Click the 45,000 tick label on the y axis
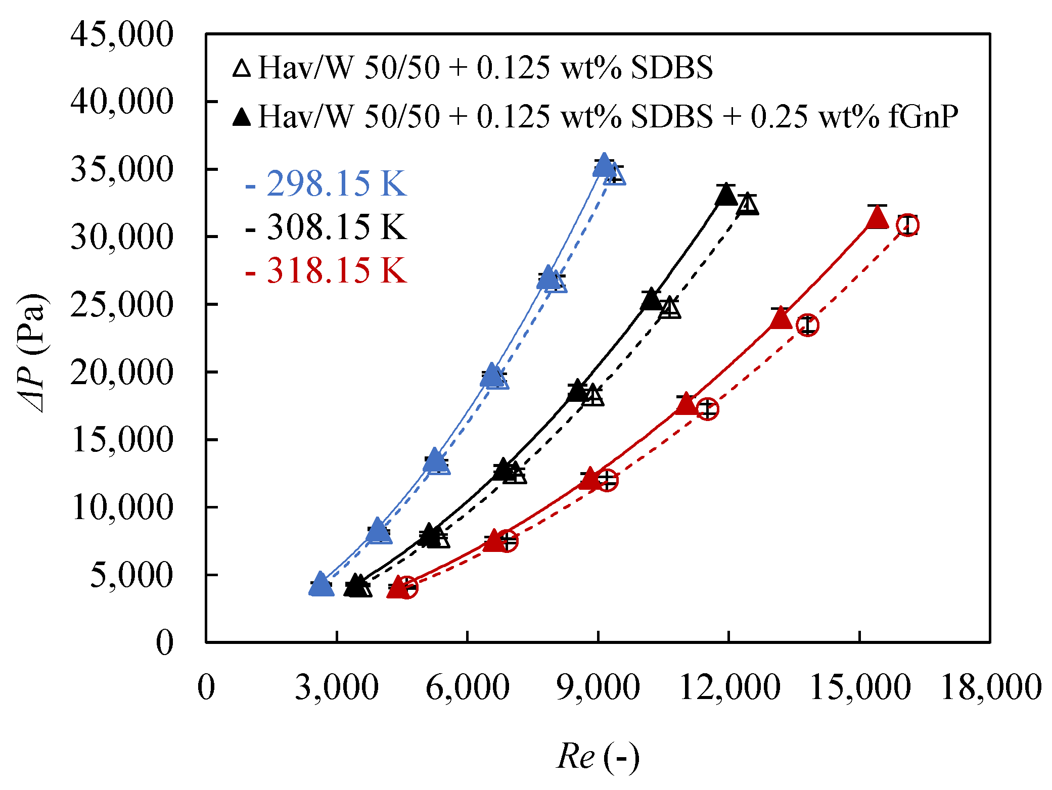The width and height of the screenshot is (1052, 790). tap(122, 34)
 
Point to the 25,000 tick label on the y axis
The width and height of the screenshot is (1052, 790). tap(122, 305)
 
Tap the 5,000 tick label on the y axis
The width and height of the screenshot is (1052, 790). tap(131, 575)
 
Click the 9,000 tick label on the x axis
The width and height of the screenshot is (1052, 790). tap(598, 687)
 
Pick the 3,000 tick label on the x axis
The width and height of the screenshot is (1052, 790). tap(337, 687)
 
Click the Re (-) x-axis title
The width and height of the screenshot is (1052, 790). tap(598, 757)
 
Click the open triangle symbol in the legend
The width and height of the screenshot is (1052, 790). tap(242, 68)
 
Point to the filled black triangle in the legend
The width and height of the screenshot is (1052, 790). tap(242, 117)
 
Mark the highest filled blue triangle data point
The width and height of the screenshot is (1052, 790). tap(604, 166)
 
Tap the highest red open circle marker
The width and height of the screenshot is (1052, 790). tap(908, 225)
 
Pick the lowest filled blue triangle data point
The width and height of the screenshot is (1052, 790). tap(321, 585)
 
